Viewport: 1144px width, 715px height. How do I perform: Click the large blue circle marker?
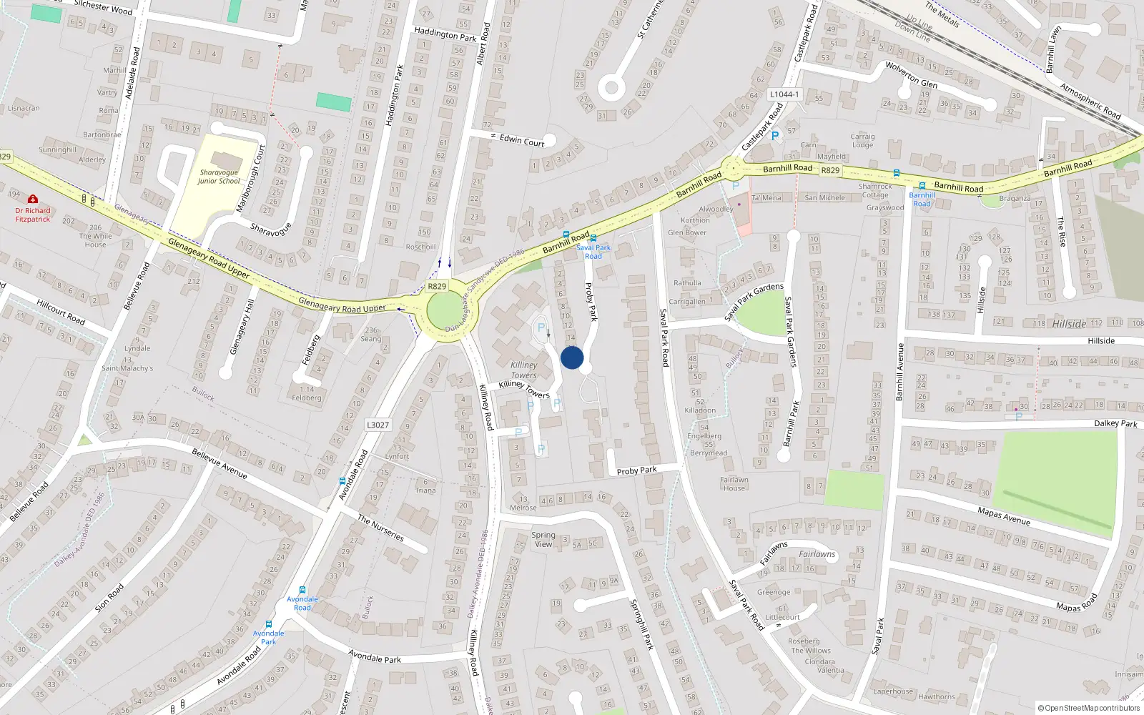pyautogui.click(x=572, y=357)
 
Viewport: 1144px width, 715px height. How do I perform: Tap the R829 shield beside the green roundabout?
pyautogui.click(x=436, y=286)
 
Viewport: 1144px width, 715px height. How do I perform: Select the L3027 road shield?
pyautogui.click(x=378, y=425)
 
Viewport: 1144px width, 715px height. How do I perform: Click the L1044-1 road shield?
pyautogui.click(x=784, y=94)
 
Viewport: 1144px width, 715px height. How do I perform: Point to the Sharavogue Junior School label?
pyautogui.click(x=219, y=177)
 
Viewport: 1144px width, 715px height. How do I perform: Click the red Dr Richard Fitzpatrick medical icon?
pyautogui.click(x=33, y=199)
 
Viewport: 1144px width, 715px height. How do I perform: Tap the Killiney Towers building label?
pyautogui.click(x=523, y=370)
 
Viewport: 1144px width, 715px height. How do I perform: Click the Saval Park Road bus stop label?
pyautogui.click(x=593, y=252)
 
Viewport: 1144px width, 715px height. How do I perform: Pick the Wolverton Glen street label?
pyautogui.click(x=911, y=74)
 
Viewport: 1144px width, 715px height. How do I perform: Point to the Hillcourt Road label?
pyautogui.click(x=61, y=312)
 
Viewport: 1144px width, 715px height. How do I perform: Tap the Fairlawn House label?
pyautogui.click(x=734, y=484)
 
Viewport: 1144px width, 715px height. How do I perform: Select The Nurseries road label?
pyautogui.click(x=381, y=528)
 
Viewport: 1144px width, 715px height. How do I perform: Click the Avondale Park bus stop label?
pyautogui.click(x=268, y=637)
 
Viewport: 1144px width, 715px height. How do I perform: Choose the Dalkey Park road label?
pyautogui.click(x=1115, y=423)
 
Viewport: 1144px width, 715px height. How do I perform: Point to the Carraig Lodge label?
pyautogui.click(x=862, y=140)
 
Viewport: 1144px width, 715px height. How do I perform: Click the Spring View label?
pyautogui.click(x=543, y=539)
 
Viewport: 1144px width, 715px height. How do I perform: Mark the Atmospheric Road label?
pyautogui.click(x=1090, y=102)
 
